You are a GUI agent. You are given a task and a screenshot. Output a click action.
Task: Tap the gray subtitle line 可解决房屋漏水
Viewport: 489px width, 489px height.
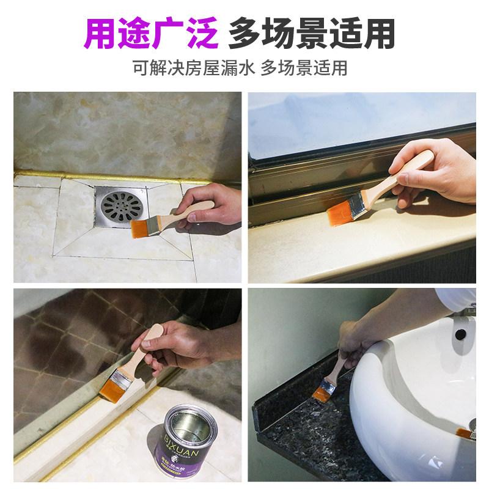pos(193,68)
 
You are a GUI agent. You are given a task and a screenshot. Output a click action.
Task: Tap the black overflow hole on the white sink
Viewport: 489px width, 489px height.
pos(460,334)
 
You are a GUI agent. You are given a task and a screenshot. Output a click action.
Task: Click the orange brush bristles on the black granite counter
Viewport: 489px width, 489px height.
pos(320,394)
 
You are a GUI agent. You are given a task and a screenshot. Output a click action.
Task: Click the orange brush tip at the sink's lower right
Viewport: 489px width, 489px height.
pos(464,433)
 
